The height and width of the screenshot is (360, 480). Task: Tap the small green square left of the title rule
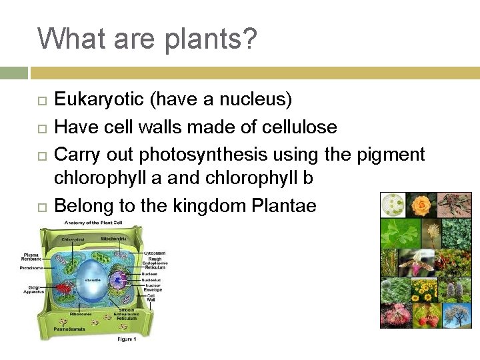tap(13, 73)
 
